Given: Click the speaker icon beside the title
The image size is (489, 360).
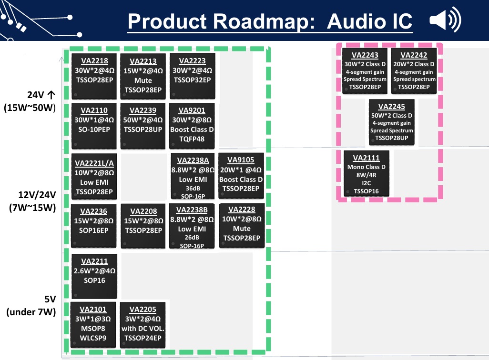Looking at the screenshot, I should (x=445, y=21).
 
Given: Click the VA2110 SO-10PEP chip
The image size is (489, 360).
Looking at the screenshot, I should (x=94, y=125).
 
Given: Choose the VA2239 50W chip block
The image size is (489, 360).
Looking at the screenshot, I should (x=143, y=125).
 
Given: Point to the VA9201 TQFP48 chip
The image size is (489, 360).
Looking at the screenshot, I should (x=192, y=125).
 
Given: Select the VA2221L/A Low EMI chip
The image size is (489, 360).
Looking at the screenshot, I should (x=94, y=176).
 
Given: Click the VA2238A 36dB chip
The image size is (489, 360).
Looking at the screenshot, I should (x=193, y=176).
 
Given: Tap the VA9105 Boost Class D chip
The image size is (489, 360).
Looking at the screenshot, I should (x=241, y=176).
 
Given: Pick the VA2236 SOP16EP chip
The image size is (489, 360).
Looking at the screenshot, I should (x=94, y=226).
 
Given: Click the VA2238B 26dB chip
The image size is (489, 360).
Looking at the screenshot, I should (x=192, y=226).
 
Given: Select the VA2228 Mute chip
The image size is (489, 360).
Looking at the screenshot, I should (x=242, y=226).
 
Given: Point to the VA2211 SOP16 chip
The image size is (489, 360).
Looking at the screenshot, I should (x=94, y=275).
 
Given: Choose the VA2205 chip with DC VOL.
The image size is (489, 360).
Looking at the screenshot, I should (x=143, y=324).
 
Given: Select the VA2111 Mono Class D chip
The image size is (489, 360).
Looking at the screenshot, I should (x=367, y=173).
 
